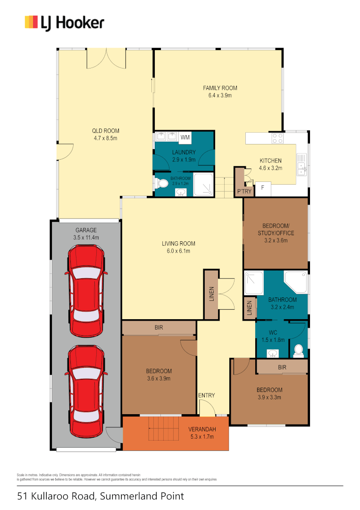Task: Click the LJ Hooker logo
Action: tap(64, 23)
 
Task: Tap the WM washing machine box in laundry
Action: tap(185, 137)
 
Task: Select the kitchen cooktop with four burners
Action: tap(277, 138)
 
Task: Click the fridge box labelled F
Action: tap(262, 187)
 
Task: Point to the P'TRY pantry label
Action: tap(244, 191)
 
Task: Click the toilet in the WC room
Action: tap(298, 350)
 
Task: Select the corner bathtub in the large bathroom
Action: tap(296, 282)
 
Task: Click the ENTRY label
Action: tap(206, 395)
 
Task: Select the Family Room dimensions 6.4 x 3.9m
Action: tap(220, 95)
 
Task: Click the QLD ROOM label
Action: tap(105, 131)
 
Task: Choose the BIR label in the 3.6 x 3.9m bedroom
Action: tap(159, 327)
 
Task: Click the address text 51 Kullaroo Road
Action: tap(100, 496)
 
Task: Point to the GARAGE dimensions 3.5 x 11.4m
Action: tap(86, 238)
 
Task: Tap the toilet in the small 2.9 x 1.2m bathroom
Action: tap(163, 183)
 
